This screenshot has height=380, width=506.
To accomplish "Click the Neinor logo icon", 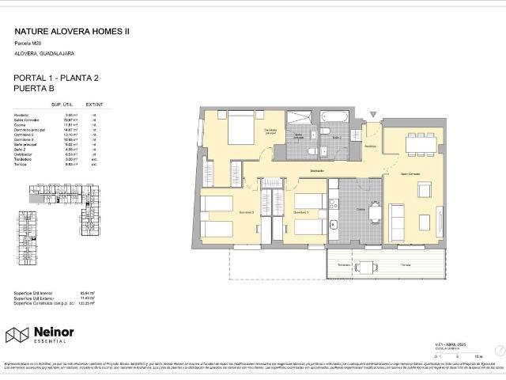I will pos(17,335).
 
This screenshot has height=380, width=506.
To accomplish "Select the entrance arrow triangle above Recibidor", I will pos(372,116).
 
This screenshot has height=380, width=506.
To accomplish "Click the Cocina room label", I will pos(359,209).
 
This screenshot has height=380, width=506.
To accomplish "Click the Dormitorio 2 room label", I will pos(226,212).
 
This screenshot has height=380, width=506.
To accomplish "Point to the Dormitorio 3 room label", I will pos(300,212).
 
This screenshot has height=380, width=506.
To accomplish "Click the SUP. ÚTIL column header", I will pos(62,104).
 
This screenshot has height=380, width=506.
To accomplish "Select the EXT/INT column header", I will pos(94,104).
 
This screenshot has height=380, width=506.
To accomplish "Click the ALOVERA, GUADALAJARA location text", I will pos(44,53).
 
